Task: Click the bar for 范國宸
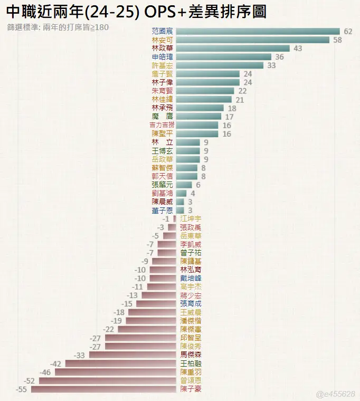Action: (x=258, y=32)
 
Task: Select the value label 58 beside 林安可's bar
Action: (x=338, y=40)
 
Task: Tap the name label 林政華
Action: (x=162, y=49)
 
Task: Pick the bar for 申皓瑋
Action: (x=223, y=57)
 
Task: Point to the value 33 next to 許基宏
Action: (x=271, y=65)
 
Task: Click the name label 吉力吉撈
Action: (x=162, y=125)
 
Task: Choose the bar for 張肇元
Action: (x=184, y=185)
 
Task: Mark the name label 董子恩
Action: (x=162, y=211)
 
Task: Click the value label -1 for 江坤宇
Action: (x=166, y=219)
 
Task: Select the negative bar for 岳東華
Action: (x=169, y=236)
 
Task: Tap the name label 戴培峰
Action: (x=190, y=278)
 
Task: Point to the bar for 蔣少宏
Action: (x=158, y=295)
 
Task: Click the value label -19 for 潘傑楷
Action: (x=116, y=321)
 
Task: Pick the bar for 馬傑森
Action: (x=132, y=355)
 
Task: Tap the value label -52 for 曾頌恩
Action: (x=30, y=380)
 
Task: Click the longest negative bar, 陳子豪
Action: (x=103, y=389)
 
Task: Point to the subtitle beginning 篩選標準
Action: (x=58, y=26)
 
